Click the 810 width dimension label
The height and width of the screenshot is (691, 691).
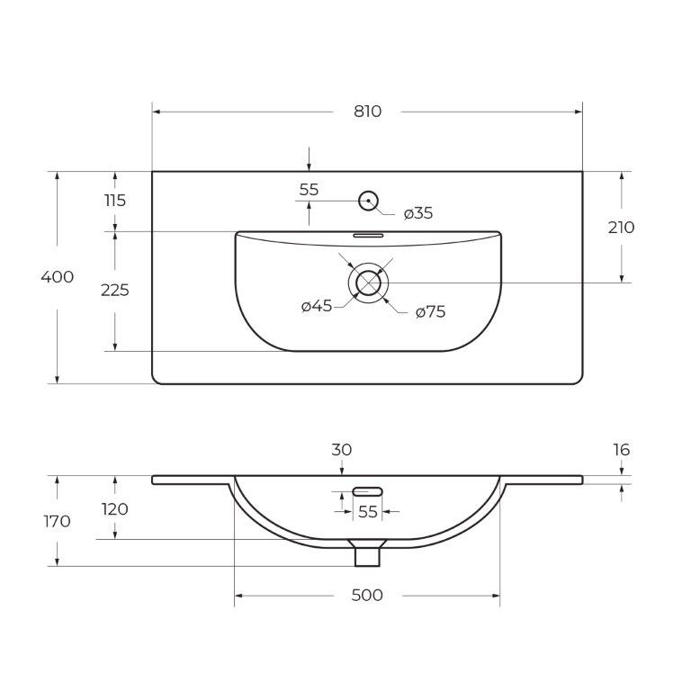[367, 112]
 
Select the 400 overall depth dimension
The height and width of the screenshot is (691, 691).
[58, 277]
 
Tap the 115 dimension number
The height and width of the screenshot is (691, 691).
[115, 201]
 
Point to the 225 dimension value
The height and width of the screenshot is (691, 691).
[115, 290]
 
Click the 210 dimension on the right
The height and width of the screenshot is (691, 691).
[622, 228]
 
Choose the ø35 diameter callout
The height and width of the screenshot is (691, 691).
[418, 213]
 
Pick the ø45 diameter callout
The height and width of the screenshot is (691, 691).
[317, 305]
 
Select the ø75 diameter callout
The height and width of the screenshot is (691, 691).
[431, 312]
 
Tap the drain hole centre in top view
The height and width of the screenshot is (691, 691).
[368, 283]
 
